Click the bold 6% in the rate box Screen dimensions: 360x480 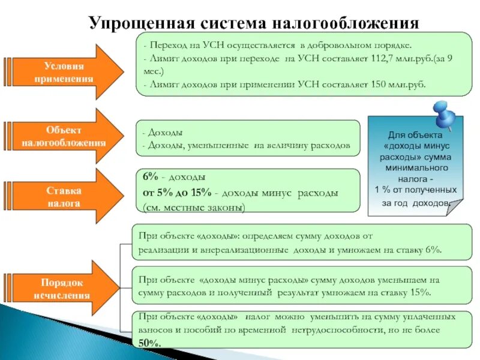[151, 178]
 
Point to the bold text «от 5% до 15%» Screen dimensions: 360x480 [177, 193]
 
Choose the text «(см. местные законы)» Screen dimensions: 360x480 [193, 208]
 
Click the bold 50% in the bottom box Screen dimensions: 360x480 [150, 343]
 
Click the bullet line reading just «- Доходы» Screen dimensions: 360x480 [163, 133]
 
